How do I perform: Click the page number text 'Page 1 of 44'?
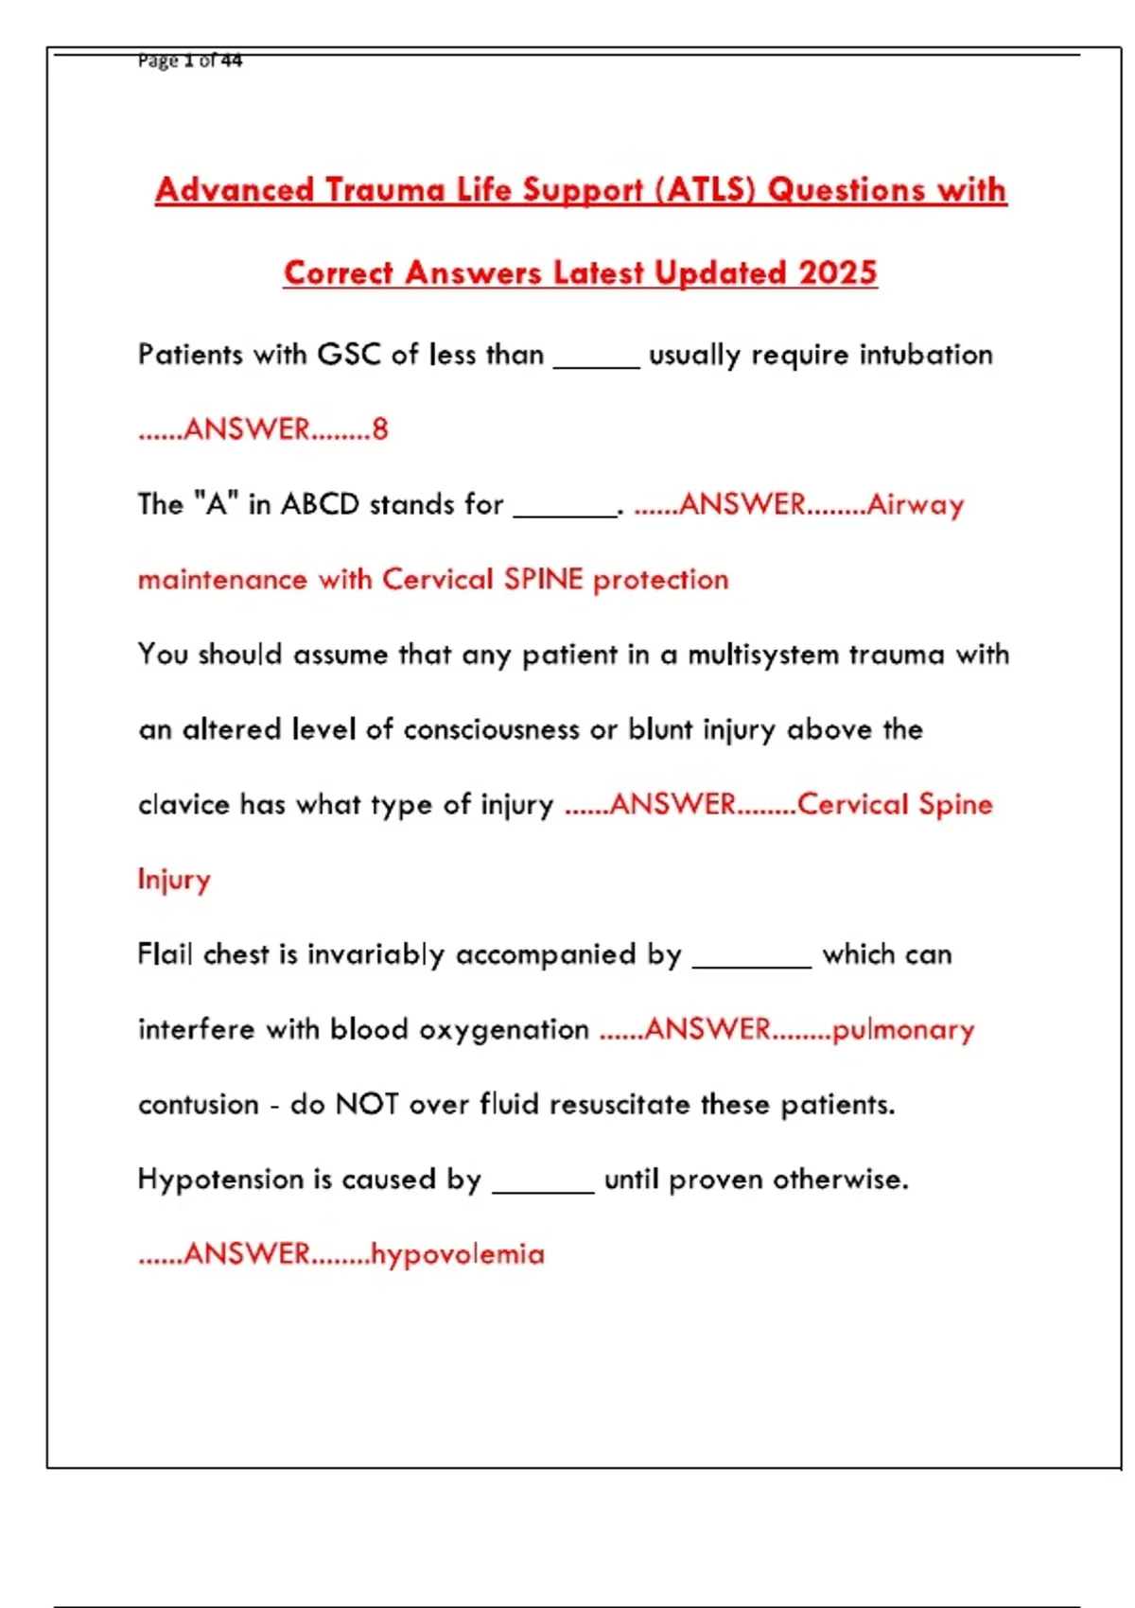point(190,61)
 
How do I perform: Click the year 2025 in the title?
point(838,273)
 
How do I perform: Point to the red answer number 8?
point(380,429)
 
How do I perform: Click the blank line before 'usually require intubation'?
point(596,365)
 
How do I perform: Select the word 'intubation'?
point(926,355)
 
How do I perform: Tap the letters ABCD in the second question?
point(320,504)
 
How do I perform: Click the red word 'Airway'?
point(916,504)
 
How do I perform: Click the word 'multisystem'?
point(762,655)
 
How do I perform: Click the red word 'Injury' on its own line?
point(174,880)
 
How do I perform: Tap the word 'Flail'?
point(165,953)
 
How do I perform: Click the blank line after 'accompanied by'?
point(752,965)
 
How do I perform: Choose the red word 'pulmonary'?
point(903,1029)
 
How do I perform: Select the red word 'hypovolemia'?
point(458,1254)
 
